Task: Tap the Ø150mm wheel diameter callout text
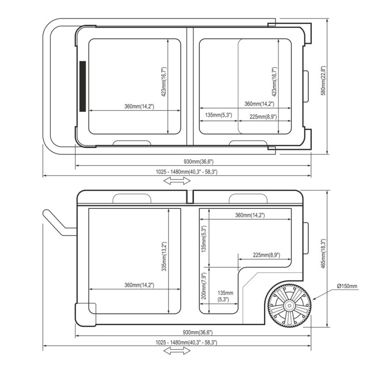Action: click(347, 286)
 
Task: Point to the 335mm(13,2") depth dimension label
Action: click(164, 257)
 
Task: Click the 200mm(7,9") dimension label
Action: click(204, 285)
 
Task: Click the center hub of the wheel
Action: click(289, 305)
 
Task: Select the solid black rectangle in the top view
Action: click(83, 87)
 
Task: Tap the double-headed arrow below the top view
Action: click(177, 181)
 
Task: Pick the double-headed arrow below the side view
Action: click(177, 351)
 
